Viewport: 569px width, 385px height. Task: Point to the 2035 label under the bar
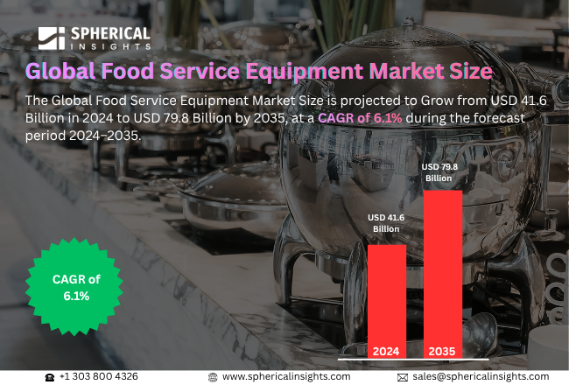[442, 352]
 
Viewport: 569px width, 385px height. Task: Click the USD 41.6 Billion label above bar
[386, 222]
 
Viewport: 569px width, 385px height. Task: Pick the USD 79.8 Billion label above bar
[439, 171]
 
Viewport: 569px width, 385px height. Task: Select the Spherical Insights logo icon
[52, 38]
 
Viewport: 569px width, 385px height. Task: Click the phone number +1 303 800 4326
[98, 376]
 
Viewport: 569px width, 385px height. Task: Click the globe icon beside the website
[213, 376]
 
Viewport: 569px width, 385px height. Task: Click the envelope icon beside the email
[403, 376]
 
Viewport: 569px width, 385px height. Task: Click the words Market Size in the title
[425, 69]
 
